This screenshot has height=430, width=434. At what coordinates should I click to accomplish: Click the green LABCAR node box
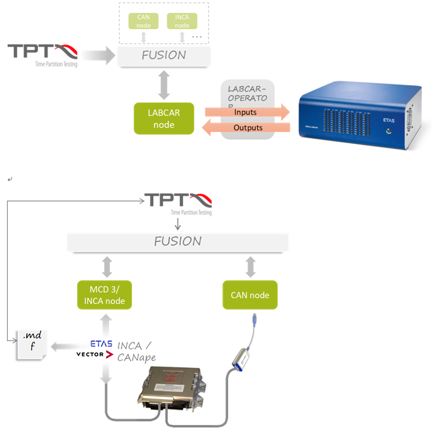click(x=163, y=118)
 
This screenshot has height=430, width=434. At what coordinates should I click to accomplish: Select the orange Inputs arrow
click(x=246, y=112)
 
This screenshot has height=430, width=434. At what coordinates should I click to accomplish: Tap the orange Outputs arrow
click(x=246, y=127)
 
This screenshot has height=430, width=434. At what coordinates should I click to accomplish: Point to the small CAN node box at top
click(x=143, y=21)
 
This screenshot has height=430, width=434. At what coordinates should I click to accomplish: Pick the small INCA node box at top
click(x=182, y=21)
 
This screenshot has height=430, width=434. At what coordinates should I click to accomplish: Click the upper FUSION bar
click(x=163, y=55)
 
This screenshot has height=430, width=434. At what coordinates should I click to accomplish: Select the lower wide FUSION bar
click(x=178, y=242)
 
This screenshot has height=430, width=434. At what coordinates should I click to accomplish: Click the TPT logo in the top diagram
click(x=42, y=53)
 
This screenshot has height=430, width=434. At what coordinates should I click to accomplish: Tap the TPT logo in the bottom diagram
click(x=178, y=202)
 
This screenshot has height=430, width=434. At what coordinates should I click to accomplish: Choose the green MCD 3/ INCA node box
click(x=104, y=295)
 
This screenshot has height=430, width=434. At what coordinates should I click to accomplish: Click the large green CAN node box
click(x=250, y=295)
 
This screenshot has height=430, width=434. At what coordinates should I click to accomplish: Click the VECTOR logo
click(x=94, y=355)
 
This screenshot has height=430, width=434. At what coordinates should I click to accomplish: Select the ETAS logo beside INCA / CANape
click(x=101, y=344)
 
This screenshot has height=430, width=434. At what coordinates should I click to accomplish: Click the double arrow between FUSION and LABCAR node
click(x=163, y=84)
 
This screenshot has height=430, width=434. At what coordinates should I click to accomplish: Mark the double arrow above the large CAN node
click(x=250, y=266)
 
